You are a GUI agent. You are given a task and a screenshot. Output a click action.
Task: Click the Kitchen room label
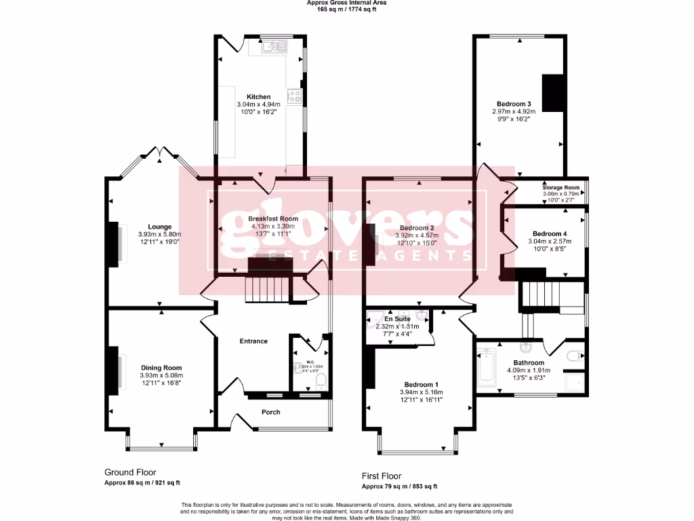[x=258, y=97]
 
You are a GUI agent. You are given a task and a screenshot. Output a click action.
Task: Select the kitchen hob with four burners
[x=294, y=96]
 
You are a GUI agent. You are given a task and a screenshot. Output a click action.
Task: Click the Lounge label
[x=160, y=227]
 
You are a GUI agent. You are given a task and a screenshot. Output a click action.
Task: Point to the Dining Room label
[x=161, y=368]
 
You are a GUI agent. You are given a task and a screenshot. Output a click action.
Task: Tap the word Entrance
[x=253, y=341]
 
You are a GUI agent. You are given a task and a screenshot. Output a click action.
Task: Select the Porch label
[x=270, y=412]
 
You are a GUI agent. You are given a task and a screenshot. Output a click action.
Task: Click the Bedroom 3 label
[x=513, y=103]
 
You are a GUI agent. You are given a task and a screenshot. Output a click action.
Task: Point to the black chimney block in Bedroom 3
[x=552, y=92]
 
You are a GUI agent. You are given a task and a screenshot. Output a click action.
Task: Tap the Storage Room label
[x=561, y=187]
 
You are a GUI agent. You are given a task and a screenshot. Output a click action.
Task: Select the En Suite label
[x=397, y=318]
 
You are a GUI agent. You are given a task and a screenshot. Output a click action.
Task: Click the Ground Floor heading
[x=130, y=472]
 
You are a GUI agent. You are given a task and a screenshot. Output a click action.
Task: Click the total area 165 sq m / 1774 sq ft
[x=346, y=9]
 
